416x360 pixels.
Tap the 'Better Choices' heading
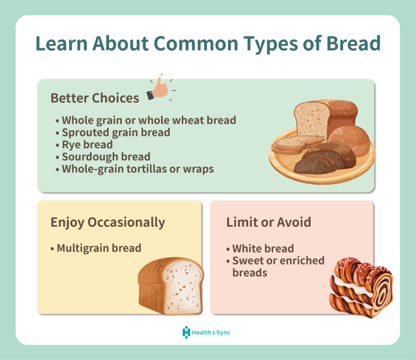[x=94, y=98]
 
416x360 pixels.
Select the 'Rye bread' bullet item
[x=87, y=144]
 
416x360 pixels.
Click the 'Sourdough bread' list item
[x=106, y=156]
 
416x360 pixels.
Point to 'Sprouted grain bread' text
[x=115, y=132]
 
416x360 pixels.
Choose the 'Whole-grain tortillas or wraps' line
[x=137, y=169]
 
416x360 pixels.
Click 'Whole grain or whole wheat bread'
[x=148, y=120]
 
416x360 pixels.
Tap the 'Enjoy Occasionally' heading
[x=108, y=222]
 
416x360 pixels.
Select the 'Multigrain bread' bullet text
[x=99, y=248]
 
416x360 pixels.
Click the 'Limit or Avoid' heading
[x=269, y=222]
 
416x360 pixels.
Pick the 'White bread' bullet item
[x=263, y=248]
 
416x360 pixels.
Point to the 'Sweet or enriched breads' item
[x=278, y=266]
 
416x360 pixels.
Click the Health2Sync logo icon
[x=186, y=332]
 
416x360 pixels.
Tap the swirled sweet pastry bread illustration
[x=361, y=287]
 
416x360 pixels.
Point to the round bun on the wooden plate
[x=349, y=138]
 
